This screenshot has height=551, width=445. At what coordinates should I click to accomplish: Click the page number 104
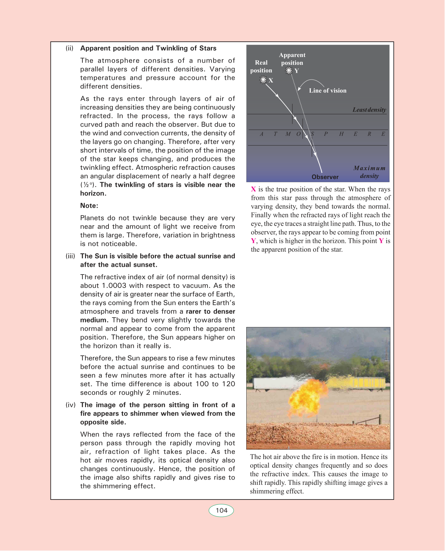click(x=222, y=511)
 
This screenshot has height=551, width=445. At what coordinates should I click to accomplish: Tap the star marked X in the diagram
click(x=263, y=80)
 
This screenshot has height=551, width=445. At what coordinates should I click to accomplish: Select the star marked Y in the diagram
click(x=289, y=70)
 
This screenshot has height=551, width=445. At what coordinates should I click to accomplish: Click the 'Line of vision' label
click(x=328, y=91)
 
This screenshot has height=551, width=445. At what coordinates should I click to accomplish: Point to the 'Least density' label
click(x=369, y=110)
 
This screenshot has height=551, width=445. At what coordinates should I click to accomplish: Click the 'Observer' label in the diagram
click(x=325, y=177)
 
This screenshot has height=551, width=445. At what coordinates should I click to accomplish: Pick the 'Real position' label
click(x=261, y=67)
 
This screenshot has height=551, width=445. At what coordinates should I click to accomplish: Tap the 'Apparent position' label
click(x=292, y=59)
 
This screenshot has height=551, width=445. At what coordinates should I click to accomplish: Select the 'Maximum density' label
click(x=369, y=172)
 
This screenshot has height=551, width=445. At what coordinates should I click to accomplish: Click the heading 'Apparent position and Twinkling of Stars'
click(x=148, y=48)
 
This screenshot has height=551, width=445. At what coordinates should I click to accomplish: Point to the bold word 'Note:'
click(x=89, y=206)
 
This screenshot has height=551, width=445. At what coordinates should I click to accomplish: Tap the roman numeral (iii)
click(x=70, y=256)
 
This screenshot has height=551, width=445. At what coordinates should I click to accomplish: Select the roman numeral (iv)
click(x=70, y=405)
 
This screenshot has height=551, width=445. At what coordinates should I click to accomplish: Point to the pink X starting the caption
click(x=253, y=189)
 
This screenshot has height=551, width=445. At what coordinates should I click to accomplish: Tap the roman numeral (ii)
click(x=70, y=48)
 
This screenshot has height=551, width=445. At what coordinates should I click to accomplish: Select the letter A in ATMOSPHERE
click(x=262, y=134)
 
